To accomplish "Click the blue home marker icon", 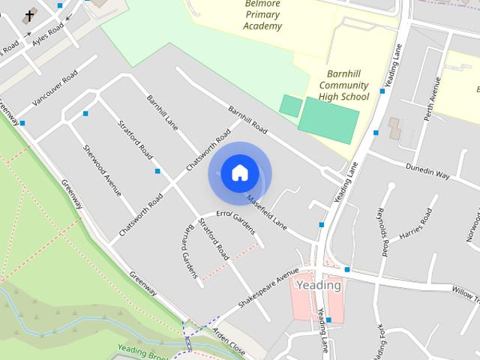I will [239, 173].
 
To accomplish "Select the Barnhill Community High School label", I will [343, 85].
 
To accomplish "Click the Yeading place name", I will [319, 285].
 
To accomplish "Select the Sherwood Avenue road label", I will [102, 170].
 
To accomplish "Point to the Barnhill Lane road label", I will [161, 111].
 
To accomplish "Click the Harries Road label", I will [416, 223].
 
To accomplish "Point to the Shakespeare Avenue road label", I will [263, 290].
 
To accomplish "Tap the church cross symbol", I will [29, 16].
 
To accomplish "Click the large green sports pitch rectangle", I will [328, 120].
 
